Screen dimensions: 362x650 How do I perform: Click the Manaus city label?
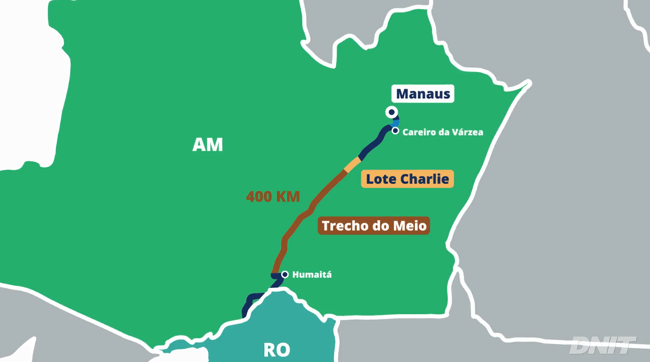click(x=423, y=94)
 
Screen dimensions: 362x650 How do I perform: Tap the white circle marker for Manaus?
click(x=391, y=112)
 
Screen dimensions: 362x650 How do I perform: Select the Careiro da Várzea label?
click(x=442, y=132)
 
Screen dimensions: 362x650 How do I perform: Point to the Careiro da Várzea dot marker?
click(x=395, y=131)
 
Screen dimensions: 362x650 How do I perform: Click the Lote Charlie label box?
click(x=407, y=180)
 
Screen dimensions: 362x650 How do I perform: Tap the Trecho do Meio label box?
click(x=374, y=226)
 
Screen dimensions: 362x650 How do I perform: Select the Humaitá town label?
click(x=312, y=275)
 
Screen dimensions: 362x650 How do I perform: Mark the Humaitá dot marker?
click(x=285, y=275)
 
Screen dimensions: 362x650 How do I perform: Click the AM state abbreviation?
click(x=207, y=145)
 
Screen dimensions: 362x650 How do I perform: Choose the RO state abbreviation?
click(x=276, y=350)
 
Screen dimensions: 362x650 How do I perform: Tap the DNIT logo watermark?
click(x=602, y=345)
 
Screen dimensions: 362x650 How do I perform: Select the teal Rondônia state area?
click(x=284, y=325)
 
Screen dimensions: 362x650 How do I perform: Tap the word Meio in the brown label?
click(x=412, y=226)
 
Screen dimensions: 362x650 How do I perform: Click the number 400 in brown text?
click(x=259, y=198)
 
